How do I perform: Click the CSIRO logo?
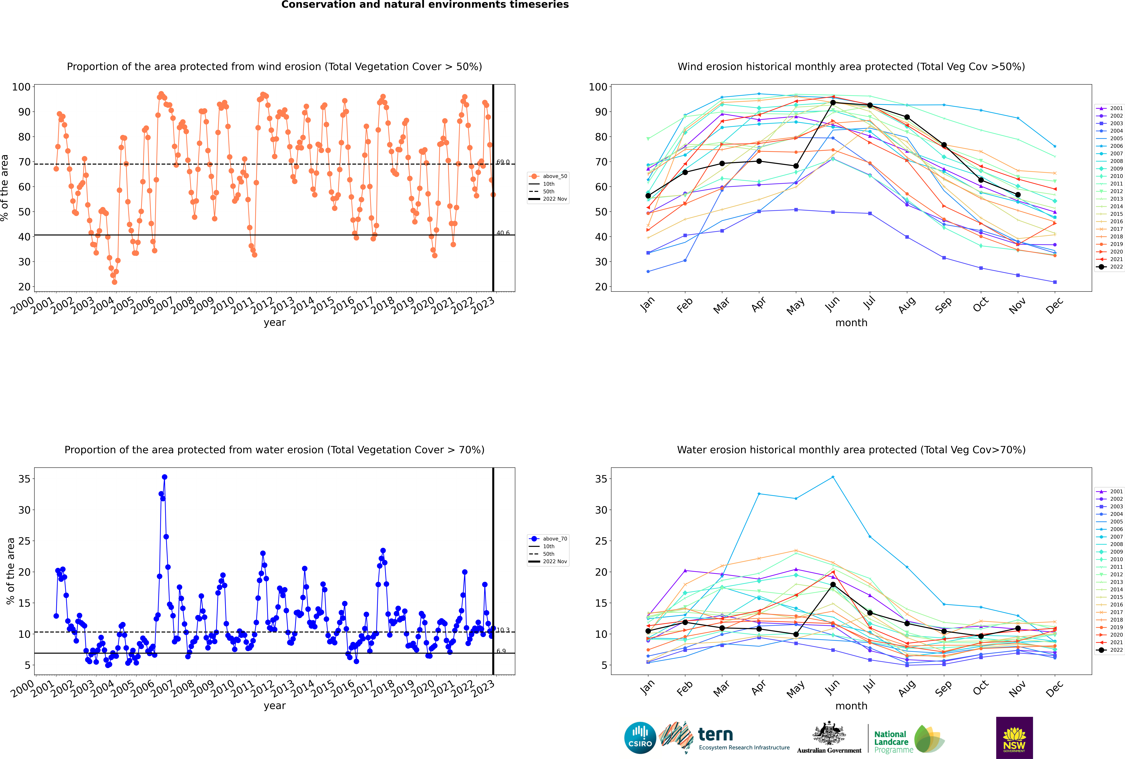click(x=640, y=738)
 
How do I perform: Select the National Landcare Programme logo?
click(x=908, y=739)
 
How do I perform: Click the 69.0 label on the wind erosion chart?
click(x=503, y=162)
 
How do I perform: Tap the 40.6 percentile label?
click(x=503, y=233)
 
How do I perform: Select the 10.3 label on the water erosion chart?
click(x=503, y=630)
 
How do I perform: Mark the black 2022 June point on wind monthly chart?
click(x=833, y=103)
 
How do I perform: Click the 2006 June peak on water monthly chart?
click(x=833, y=477)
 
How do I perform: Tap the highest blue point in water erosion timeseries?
click(x=164, y=477)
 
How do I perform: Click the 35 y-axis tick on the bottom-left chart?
click(x=24, y=479)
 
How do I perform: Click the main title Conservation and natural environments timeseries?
click(x=425, y=5)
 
